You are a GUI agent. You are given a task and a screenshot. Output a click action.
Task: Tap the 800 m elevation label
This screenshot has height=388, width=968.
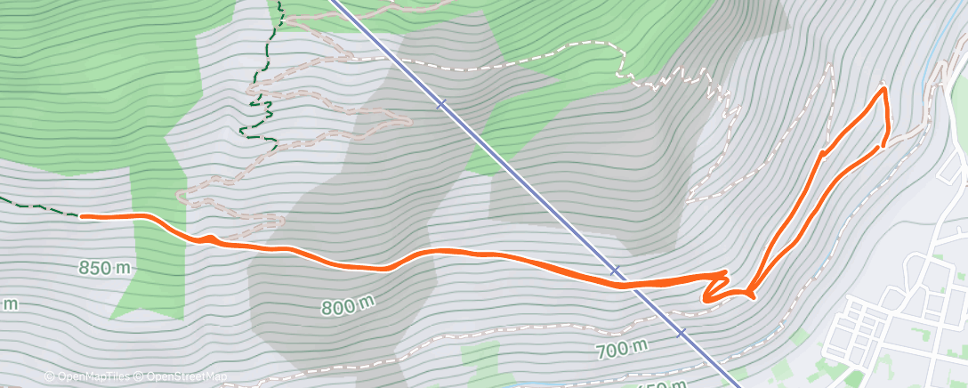[x=348, y=307]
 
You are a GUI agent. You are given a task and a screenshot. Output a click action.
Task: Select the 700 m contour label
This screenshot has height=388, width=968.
[x=621, y=349]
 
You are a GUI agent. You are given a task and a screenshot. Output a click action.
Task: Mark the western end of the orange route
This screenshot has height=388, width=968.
[x=82, y=215]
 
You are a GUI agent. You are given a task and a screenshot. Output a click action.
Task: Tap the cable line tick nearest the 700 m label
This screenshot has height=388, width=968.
[x=682, y=333]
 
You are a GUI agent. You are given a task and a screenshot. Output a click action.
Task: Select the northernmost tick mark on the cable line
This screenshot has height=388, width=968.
[x=440, y=104]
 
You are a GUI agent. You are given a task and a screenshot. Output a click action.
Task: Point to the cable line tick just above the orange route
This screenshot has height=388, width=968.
[x=615, y=269]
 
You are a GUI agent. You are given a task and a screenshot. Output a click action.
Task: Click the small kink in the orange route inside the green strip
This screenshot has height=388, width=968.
[x=210, y=238]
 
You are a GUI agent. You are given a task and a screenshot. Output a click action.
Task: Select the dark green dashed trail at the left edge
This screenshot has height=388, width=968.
[x=36, y=207]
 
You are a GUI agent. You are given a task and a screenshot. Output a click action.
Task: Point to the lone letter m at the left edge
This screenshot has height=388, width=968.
[x=9, y=304]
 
